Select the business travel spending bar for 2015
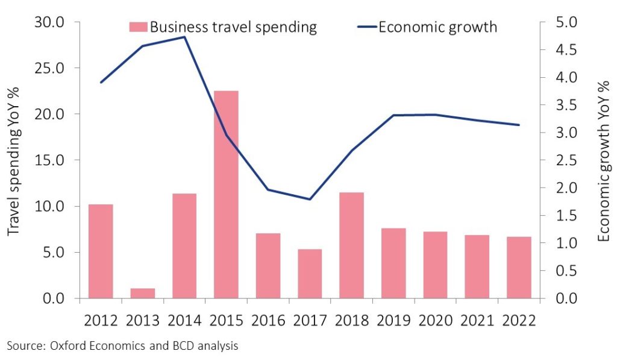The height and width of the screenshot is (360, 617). coord(226,194)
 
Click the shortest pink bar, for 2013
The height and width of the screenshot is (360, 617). coord(142,293)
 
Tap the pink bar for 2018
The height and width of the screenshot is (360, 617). coord(351,245)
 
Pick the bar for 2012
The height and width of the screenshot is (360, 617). coord(101,251)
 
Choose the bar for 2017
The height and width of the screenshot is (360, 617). coord(310,274)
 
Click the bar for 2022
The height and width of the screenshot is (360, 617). coord(519,267)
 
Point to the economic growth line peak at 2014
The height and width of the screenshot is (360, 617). coord(184,37)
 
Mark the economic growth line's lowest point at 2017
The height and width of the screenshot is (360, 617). coord(310,199)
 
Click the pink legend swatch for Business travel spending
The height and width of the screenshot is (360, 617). coord(138,27)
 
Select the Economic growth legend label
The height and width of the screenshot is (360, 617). coord(437,27)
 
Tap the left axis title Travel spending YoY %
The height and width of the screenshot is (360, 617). coord(13,160)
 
